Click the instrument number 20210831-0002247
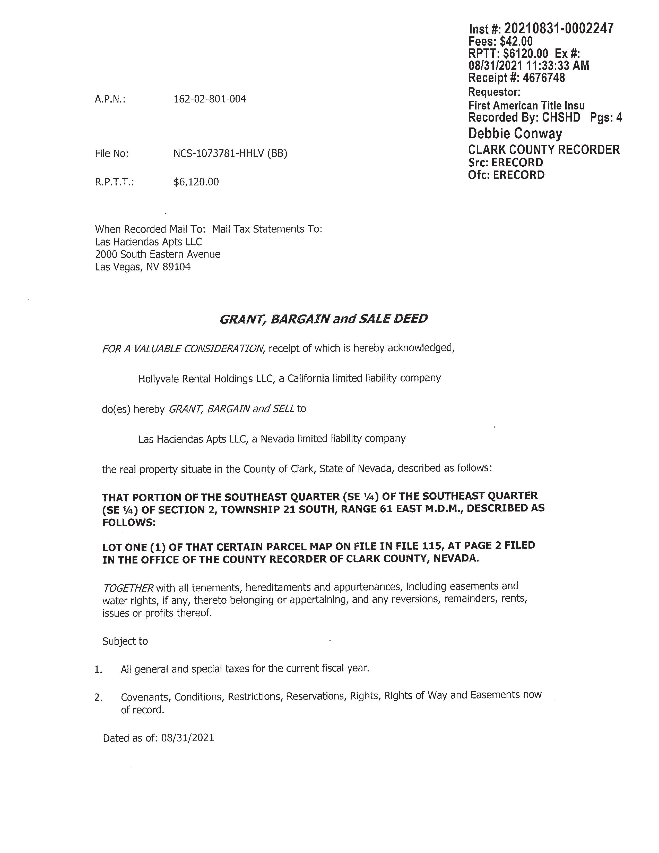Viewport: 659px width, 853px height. [559, 29]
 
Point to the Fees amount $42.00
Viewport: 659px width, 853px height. [516, 41]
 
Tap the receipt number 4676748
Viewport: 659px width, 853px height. [543, 78]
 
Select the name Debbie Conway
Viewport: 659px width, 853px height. [515, 134]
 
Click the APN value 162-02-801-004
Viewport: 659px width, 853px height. [210, 99]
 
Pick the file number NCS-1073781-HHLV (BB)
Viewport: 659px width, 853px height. [230, 153]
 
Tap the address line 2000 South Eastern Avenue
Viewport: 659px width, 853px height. [157, 254]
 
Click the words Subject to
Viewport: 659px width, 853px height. [125, 641]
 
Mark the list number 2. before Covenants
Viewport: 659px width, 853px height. [98, 697]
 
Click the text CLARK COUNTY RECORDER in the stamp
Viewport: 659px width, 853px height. [543, 150]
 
